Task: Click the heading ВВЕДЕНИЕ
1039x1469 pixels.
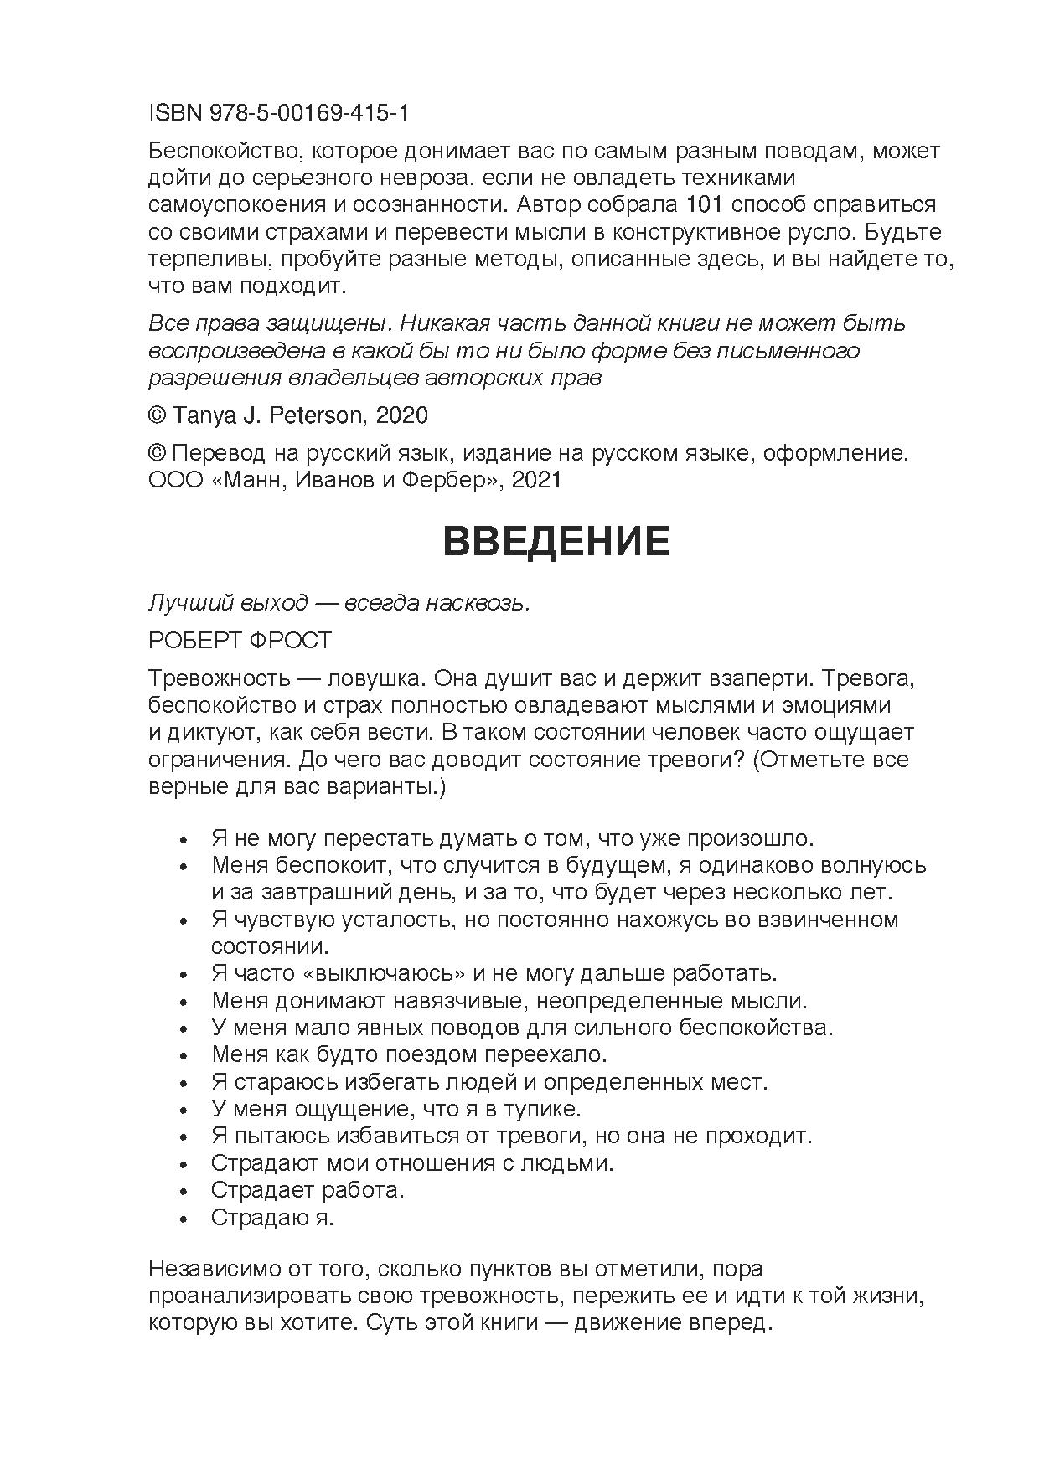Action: (556, 542)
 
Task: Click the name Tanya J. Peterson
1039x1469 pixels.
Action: (270, 415)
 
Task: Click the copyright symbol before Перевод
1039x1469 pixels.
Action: (157, 453)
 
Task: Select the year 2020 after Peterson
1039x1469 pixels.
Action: (402, 415)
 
